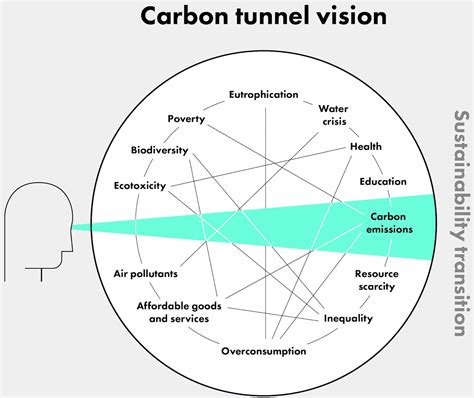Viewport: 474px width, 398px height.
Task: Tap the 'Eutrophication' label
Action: [264, 95]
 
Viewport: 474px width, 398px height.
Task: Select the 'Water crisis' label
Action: [333, 115]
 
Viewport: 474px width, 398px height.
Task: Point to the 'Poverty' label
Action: [186, 119]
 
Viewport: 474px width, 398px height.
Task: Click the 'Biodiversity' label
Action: [160, 151]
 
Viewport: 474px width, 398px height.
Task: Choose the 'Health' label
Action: [365, 147]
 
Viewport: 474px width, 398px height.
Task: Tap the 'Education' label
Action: [383, 182]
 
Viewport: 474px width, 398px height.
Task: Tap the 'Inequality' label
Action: [347, 319]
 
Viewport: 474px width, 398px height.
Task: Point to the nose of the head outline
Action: [68, 228]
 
